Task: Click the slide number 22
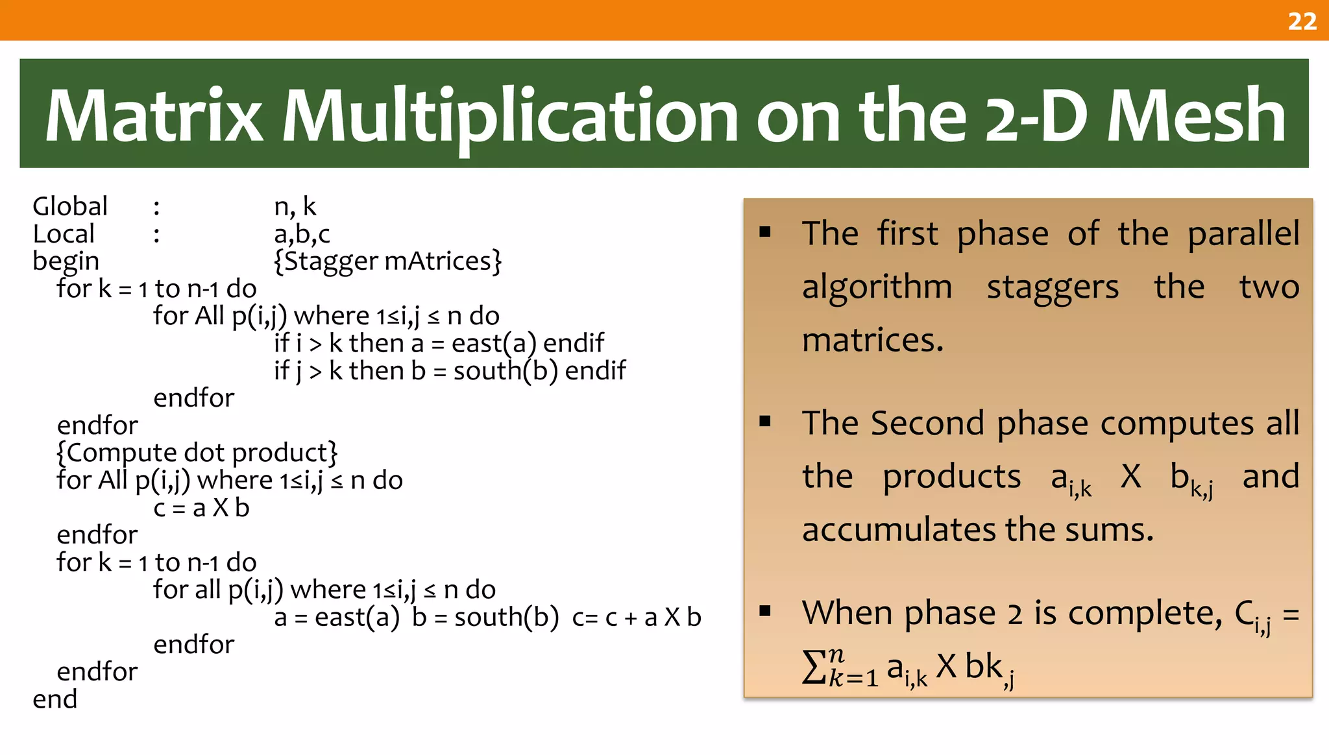pyautogui.click(x=1302, y=21)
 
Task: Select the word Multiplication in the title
pyautogui.click(x=509, y=117)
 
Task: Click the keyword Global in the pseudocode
pyautogui.click(x=70, y=207)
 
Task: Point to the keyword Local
pyautogui.click(x=64, y=234)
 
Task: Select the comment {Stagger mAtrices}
pyautogui.click(x=387, y=261)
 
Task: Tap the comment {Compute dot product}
pyautogui.click(x=197, y=453)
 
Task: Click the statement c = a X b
pyautogui.click(x=201, y=508)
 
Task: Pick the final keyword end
pyautogui.click(x=55, y=699)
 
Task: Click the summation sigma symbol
pyautogui.click(x=814, y=667)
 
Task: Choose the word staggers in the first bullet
pyautogui.click(x=1053, y=288)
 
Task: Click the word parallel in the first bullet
pyautogui.click(x=1243, y=234)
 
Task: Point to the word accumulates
pyautogui.click(x=899, y=530)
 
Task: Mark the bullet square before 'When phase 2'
pyautogui.click(x=765, y=610)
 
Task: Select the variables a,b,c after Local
pyautogui.click(x=302, y=234)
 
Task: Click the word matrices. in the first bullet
pyautogui.click(x=872, y=341)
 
